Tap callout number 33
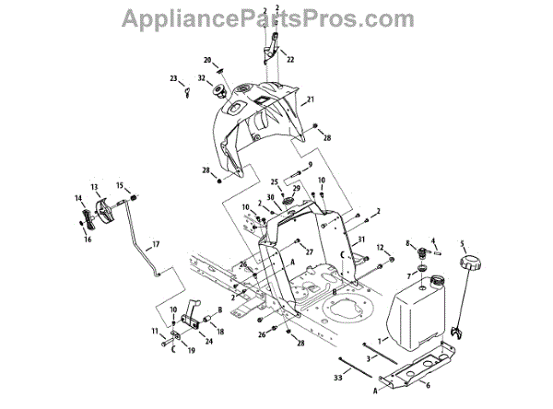337,378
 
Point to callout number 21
312,99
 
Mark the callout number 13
94,186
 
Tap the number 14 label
77,197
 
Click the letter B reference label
219,310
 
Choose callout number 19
192,351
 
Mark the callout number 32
202,78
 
